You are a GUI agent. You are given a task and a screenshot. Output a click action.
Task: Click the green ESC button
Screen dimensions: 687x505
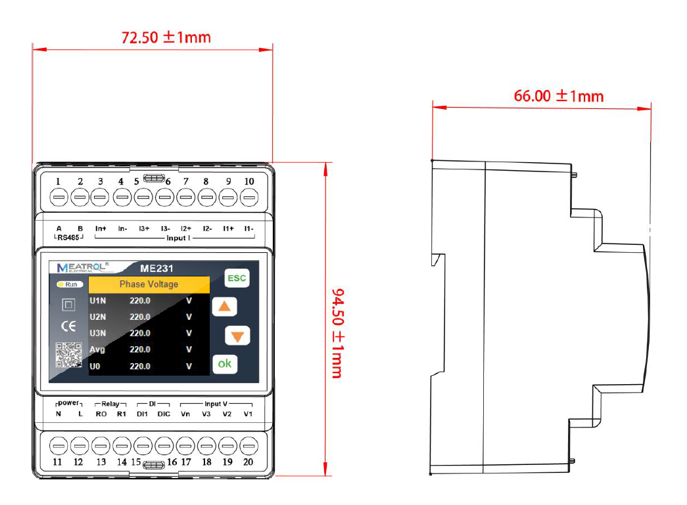point(237,278)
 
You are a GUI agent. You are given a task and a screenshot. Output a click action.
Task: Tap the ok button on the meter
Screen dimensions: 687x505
point(225,364)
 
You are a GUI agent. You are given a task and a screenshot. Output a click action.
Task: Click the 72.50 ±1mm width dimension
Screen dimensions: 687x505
point(166,37)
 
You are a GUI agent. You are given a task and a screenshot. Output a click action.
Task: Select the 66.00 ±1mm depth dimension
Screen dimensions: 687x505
point(559,96)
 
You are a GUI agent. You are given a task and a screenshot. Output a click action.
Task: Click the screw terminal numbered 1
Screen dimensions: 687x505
point(59,197)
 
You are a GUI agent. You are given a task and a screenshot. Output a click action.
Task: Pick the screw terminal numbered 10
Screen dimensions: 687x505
point(249,197)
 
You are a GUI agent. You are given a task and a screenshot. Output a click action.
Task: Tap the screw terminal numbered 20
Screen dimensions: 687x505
point(249,446)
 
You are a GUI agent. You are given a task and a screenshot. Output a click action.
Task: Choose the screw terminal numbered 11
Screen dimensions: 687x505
point(59,446)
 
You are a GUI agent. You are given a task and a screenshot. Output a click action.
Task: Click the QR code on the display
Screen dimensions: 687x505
point(69,355)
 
